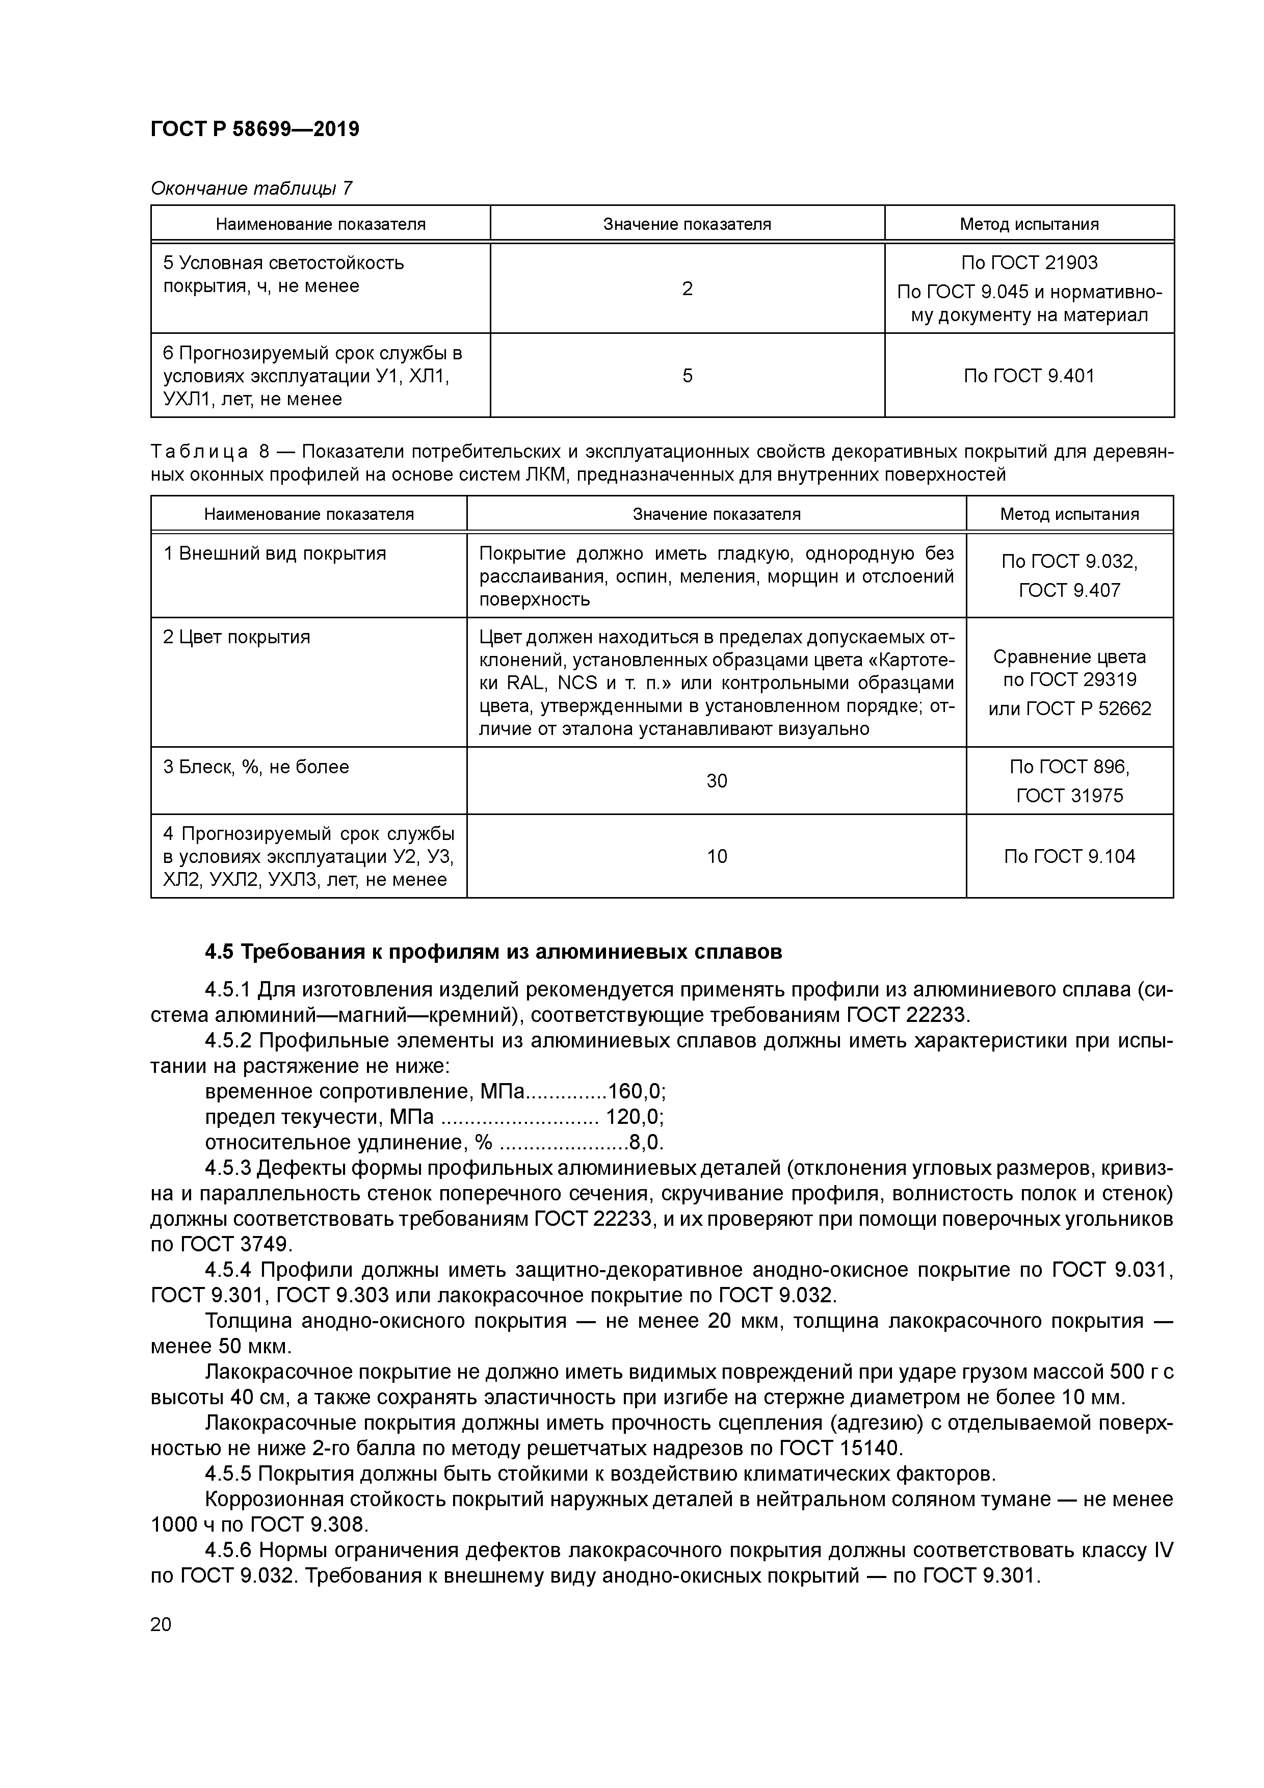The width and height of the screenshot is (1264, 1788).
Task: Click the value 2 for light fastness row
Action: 687,289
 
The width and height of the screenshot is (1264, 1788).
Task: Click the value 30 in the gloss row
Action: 717,780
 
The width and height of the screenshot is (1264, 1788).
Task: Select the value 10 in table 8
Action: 717,857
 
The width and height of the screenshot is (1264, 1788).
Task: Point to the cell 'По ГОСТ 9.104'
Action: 1069,857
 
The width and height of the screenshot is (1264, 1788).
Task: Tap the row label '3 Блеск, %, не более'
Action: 255,767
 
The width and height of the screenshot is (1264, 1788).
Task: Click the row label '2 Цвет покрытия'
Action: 236,637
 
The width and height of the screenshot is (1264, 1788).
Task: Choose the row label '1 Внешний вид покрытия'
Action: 274,554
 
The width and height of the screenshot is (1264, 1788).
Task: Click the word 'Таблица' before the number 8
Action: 199,452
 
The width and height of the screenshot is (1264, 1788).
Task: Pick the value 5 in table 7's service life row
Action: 687,376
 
